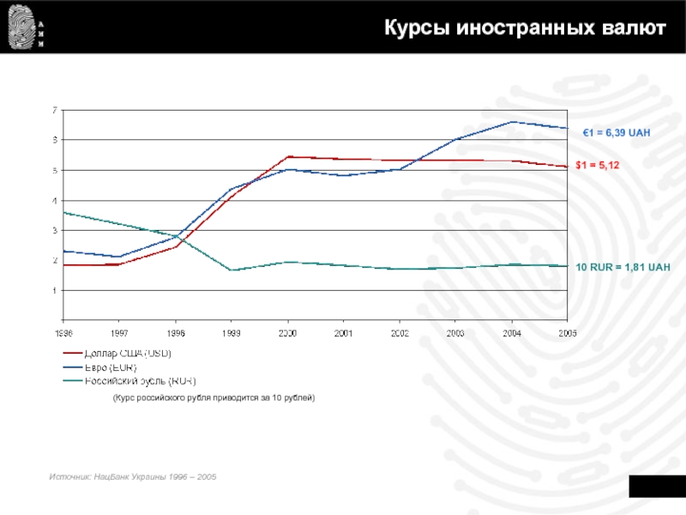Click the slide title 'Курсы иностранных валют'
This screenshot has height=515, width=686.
tap(524, 28)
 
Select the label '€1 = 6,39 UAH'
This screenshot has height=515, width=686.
tap(617, 133)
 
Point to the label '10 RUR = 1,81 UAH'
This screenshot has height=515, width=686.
tap(623, 268)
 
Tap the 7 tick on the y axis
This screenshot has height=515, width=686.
tap(54, 110)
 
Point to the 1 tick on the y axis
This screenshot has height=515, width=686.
tap(54, 290)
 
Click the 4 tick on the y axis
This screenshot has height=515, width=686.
tap(54, 200)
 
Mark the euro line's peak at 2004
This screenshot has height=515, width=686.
tap(511, 122)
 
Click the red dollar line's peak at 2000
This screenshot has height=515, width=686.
tap(287, 156)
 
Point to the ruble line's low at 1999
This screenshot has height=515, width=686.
tap(232, 270)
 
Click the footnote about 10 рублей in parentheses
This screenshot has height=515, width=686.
tap(214, 398)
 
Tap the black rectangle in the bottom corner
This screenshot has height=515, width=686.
tap(658, 485)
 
